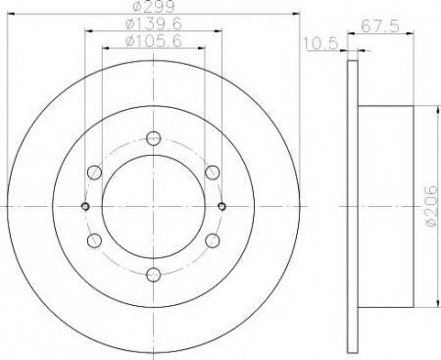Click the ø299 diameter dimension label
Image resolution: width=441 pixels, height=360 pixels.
(155, 6)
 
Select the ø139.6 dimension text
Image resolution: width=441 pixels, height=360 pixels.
(154, 24)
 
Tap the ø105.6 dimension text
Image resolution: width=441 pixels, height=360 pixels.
(154, 41)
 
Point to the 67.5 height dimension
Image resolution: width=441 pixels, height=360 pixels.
(380, 26)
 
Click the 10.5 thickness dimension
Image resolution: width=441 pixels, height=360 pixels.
(320, 43)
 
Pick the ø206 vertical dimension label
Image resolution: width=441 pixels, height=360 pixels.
(431, 205)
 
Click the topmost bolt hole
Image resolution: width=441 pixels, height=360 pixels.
(154, 138)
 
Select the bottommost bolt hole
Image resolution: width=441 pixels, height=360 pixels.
(154, 275)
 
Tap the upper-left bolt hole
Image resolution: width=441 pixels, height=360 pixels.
(95, 173)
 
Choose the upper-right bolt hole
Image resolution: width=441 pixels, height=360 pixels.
(213, 173)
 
